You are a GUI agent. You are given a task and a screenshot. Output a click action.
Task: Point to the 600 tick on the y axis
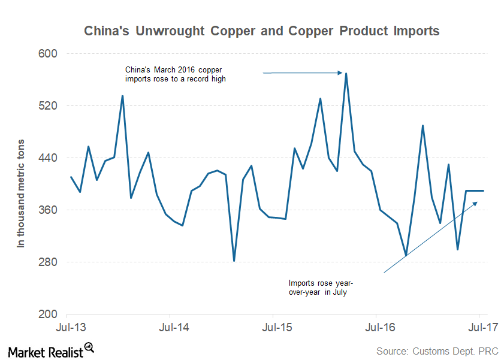(48, 54)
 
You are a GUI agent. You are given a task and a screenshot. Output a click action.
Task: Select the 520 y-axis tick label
(48, 106)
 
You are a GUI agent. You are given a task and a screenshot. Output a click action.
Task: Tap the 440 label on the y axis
(48, 158)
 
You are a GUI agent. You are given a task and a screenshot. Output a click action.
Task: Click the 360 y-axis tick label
(48, 210)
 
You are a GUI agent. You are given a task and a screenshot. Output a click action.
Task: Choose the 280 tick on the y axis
(48, 262)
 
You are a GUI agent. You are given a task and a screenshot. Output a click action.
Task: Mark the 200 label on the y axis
(48, 314)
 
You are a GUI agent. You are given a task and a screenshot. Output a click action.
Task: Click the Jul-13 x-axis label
(67, 328)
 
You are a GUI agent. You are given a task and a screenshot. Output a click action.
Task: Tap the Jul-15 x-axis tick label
(273, 328)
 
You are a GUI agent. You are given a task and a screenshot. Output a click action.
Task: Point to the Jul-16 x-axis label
(376, 328)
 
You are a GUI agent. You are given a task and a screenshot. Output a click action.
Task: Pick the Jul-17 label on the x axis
(479, 328)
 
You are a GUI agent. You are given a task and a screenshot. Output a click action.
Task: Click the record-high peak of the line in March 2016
(346, 74)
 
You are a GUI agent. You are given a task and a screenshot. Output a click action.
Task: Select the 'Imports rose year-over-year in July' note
(321, 288)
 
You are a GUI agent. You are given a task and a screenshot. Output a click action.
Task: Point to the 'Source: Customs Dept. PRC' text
(437, 350)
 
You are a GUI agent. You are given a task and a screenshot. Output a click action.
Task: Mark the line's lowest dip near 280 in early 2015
(234, 261)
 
